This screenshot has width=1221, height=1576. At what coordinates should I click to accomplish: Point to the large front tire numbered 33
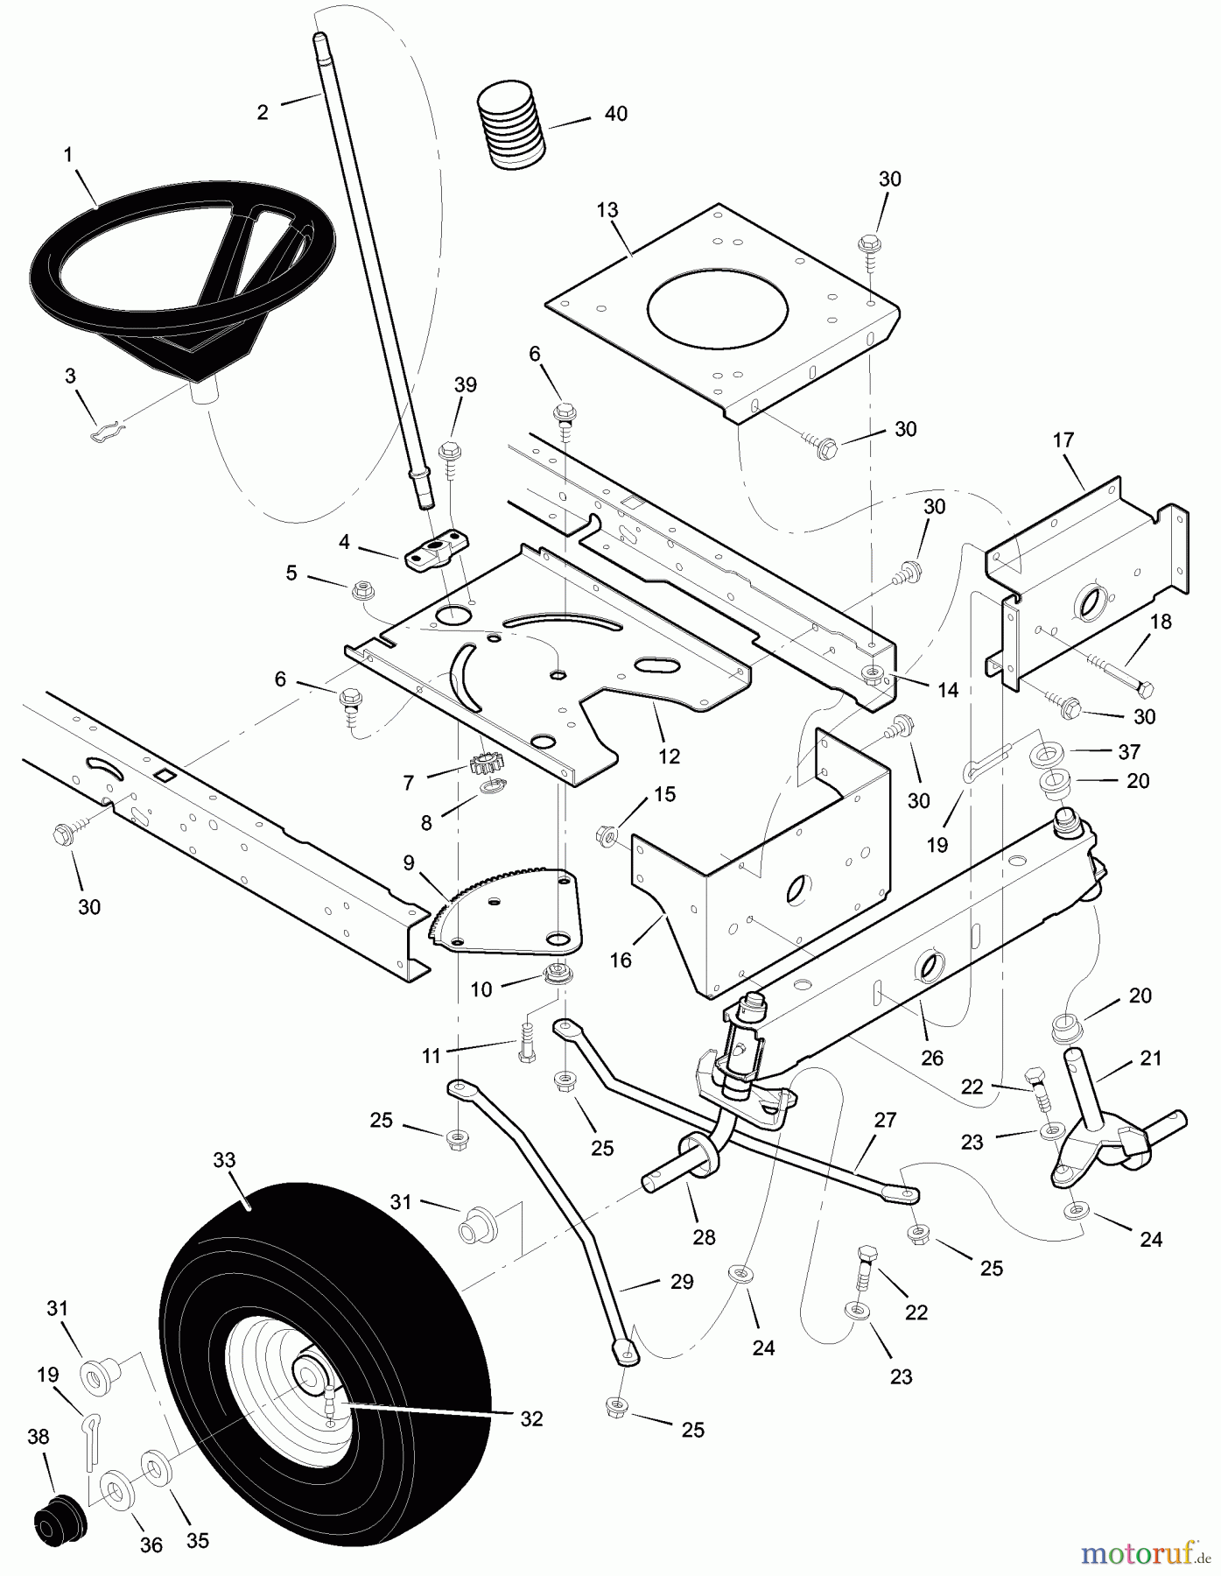point(324,1348)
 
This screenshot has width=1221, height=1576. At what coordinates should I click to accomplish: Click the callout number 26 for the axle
point(932,1058)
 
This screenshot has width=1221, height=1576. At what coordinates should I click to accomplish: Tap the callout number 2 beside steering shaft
point(263,112)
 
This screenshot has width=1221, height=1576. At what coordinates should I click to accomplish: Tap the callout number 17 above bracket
point(1063,440)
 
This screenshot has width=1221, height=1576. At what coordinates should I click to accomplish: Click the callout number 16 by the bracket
point(620,960)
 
